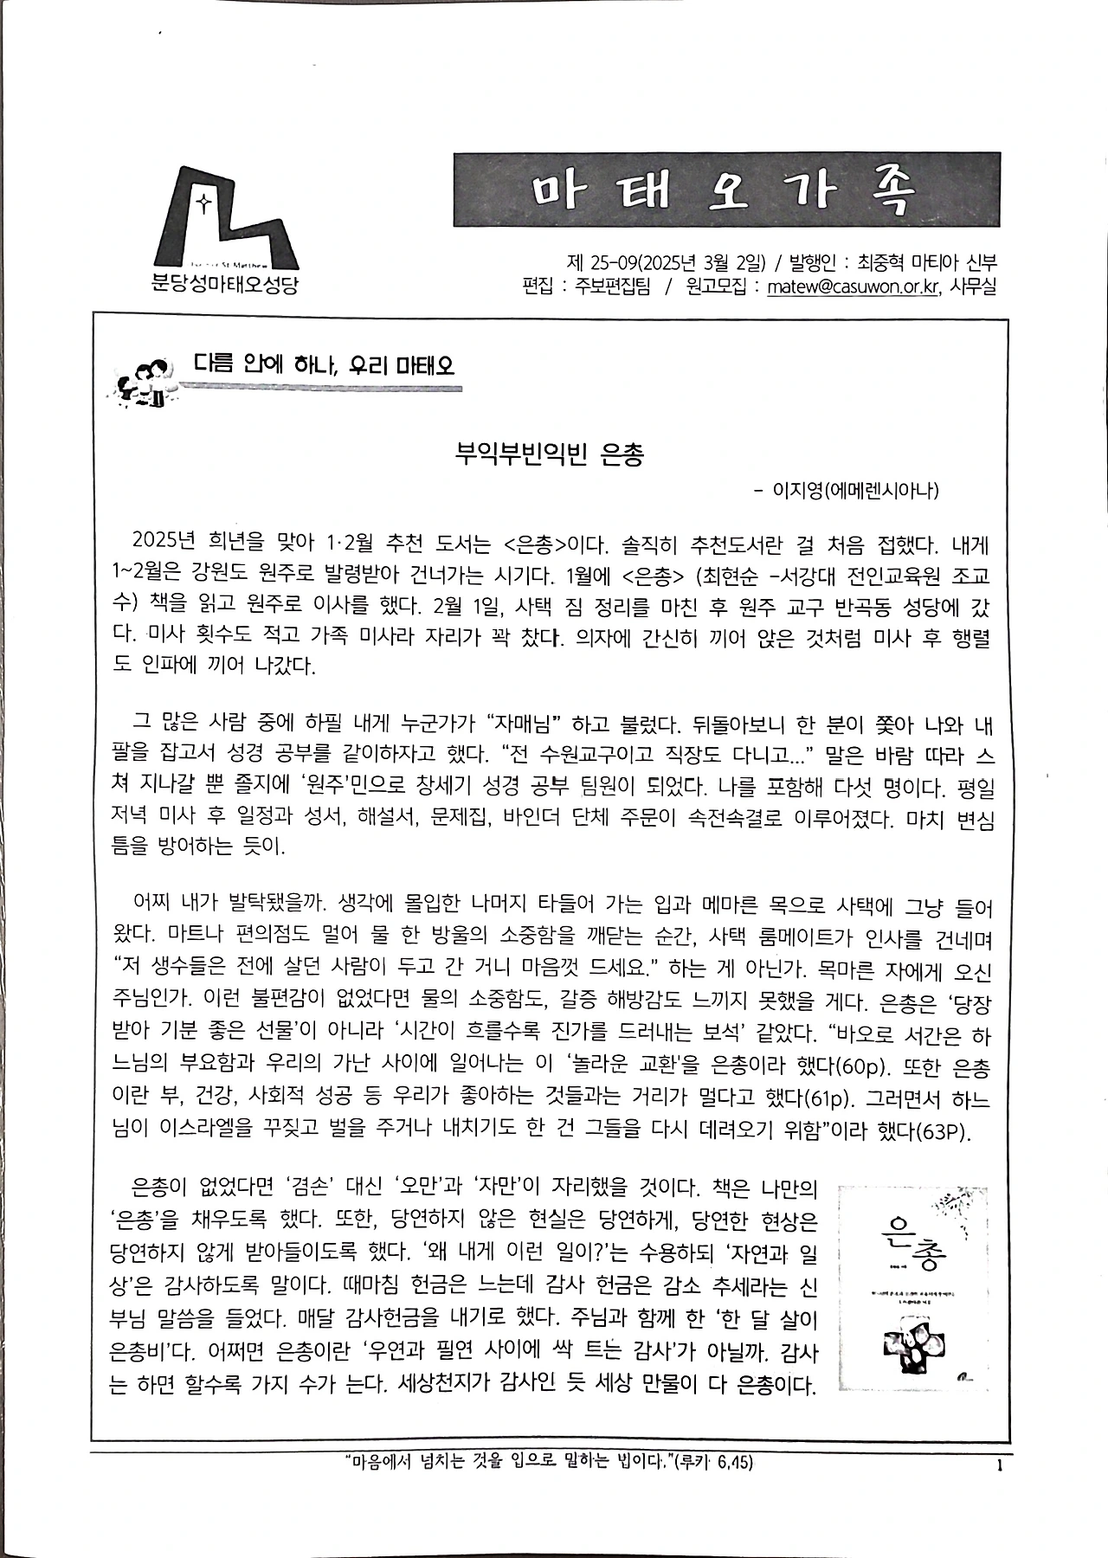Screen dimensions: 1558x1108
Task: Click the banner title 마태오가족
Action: click(725, 190)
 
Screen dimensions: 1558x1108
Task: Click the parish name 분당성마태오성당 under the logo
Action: click(224, 284)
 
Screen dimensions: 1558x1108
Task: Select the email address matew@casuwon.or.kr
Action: click(853, 286)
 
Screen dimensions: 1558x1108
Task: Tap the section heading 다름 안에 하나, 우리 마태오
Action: click(324, 365)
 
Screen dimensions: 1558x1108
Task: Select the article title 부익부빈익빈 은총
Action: click(551, 455)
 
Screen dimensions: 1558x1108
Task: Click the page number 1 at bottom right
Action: click(1000, 1465)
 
